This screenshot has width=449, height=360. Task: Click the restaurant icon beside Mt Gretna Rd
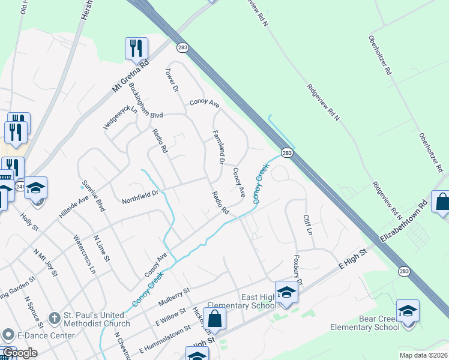136,48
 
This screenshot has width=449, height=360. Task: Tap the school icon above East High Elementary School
287,293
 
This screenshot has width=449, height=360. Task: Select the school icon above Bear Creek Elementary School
408,311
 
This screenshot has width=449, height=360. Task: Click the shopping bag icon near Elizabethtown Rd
442,203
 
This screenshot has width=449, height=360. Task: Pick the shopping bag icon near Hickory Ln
215,319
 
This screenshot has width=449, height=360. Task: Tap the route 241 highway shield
20,186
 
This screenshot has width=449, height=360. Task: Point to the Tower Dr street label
172,80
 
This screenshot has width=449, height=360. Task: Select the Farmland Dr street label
218,147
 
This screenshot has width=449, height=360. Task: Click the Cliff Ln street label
309,224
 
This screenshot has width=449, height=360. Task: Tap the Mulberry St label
174,298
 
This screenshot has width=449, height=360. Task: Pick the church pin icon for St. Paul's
54,317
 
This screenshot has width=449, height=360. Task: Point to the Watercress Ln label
85,255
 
